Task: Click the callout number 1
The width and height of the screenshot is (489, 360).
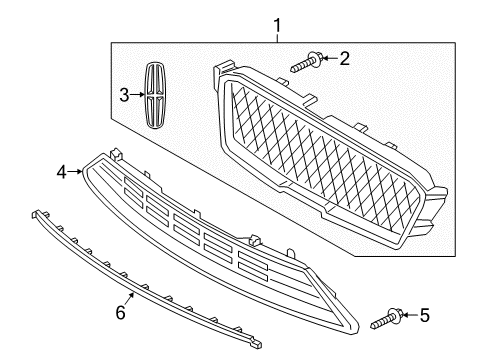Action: point(278,21)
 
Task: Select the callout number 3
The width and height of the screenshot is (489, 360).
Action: point(125,95)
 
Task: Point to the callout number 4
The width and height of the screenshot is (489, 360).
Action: point(62,173)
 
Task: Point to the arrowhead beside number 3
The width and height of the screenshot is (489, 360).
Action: point(140,96)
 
